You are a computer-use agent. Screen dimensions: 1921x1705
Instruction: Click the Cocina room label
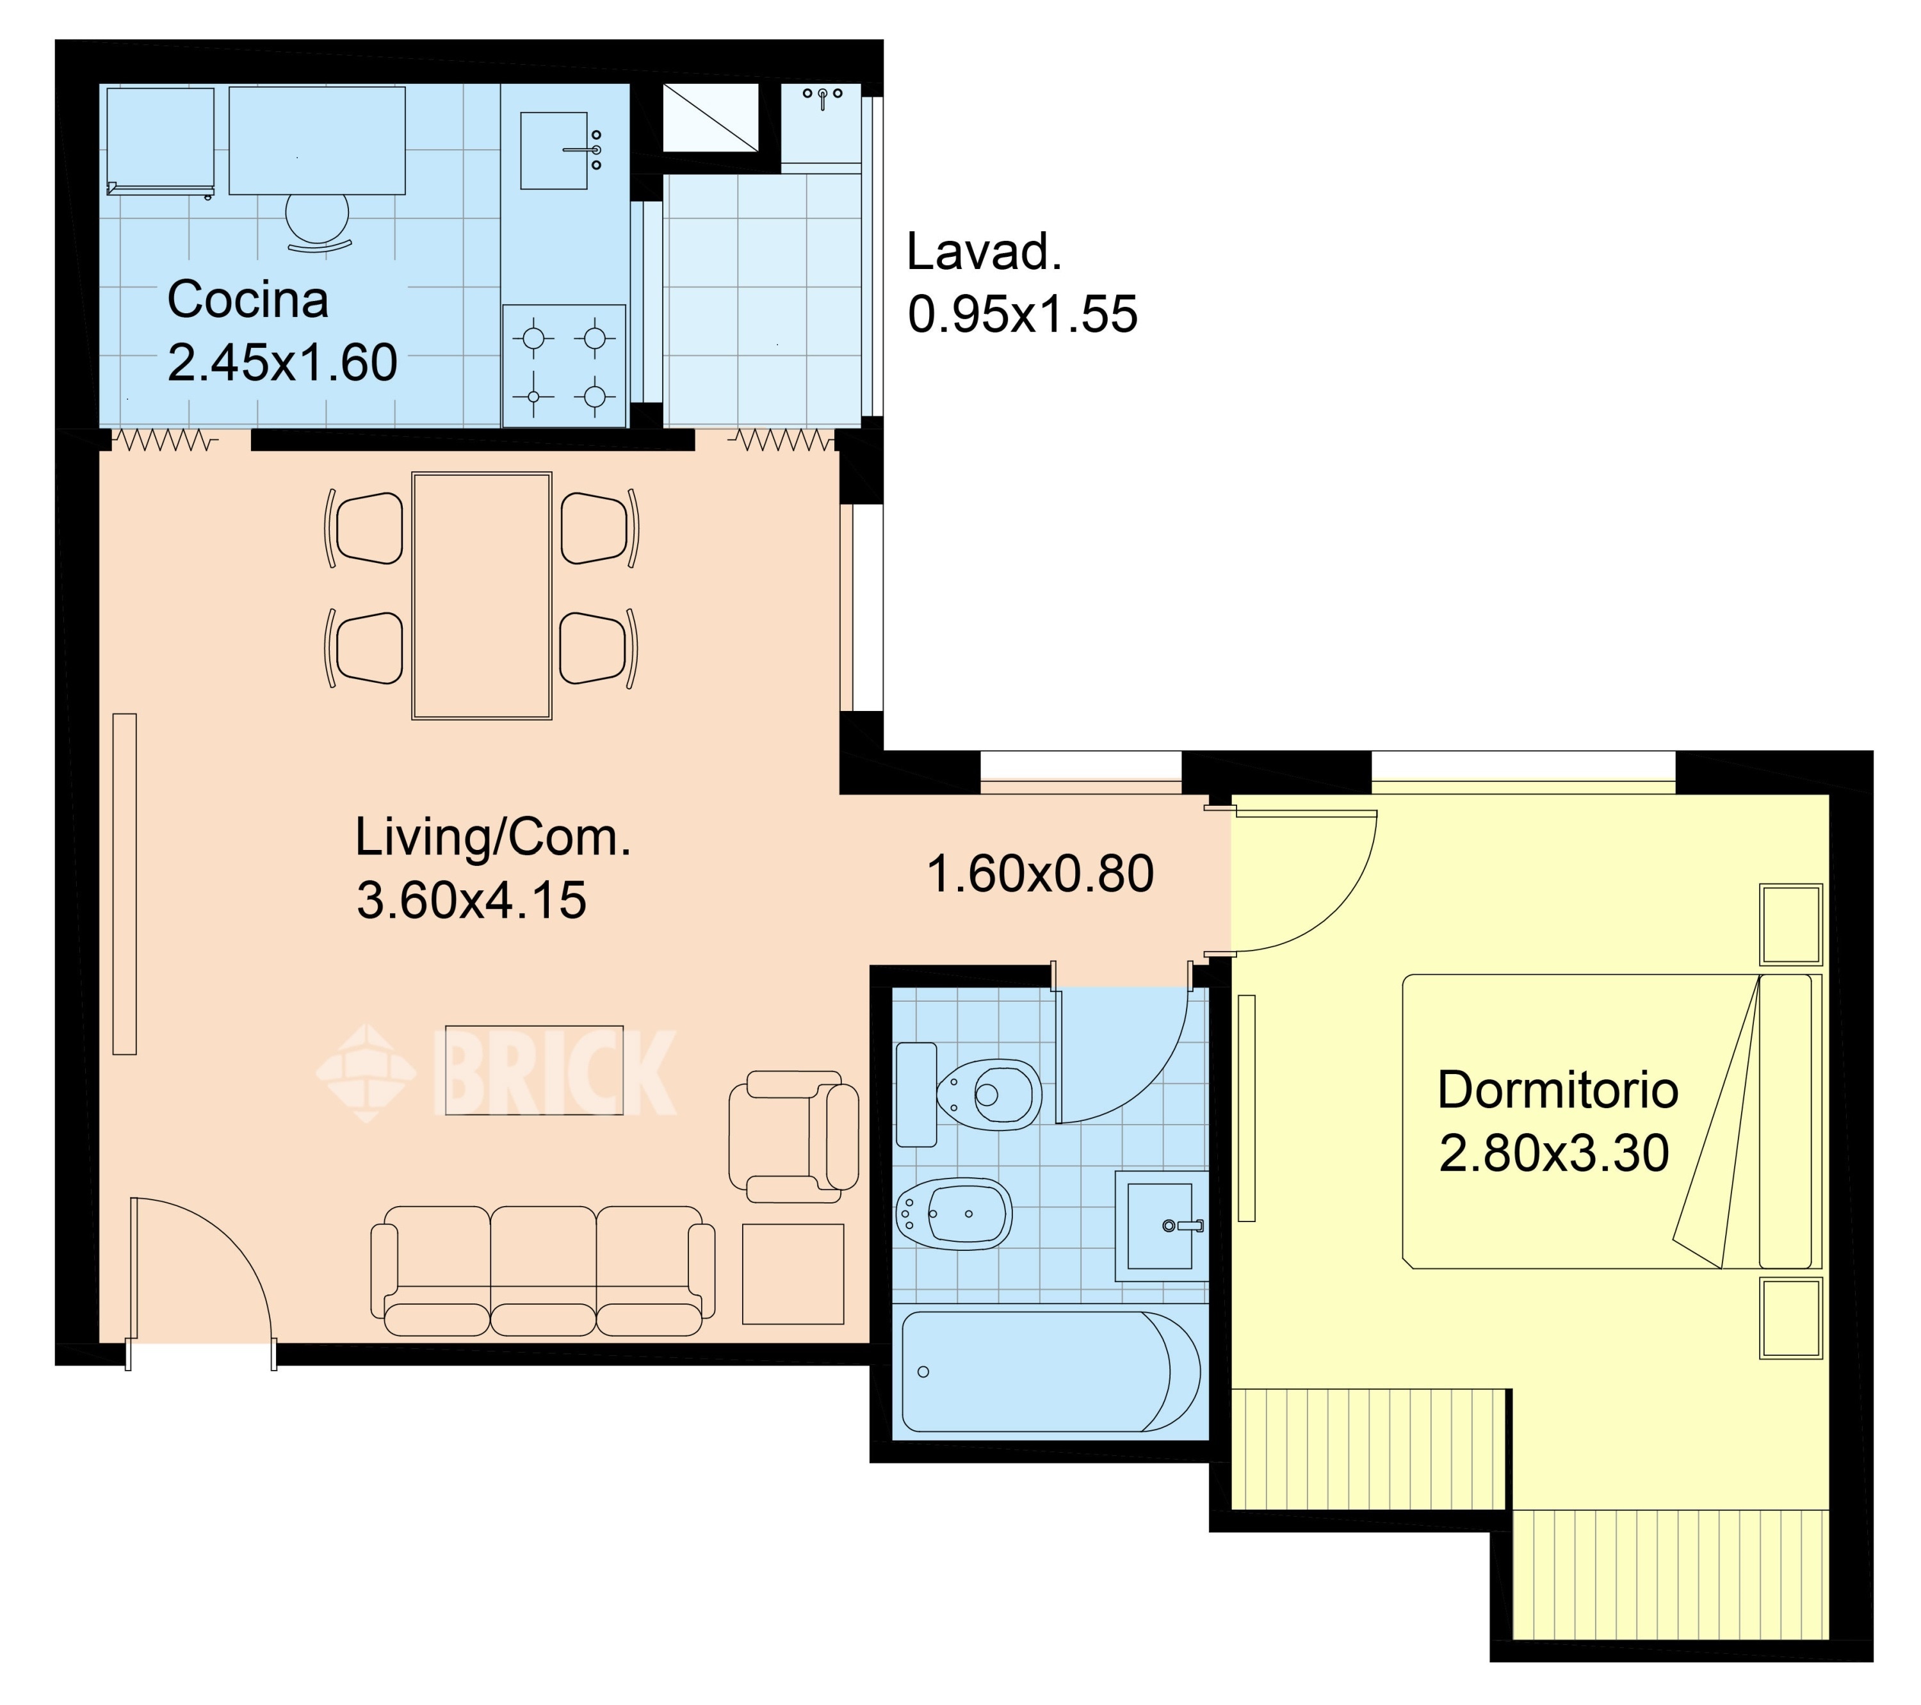pyautogui.click(x=248, y=300)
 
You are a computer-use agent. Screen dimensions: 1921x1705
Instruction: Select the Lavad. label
pyautogui.click(x=984, y=252)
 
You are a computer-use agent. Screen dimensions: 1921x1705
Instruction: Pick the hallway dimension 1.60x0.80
pyautogui.click(x=1041, y=874)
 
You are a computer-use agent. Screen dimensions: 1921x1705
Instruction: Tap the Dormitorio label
pyautogui.click(x=1557, y=1090)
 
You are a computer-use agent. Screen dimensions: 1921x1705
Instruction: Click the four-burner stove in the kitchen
pyautogui.click(x=564, y=366)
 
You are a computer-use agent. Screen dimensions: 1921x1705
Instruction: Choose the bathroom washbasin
pyautogui.click(x=1162, y=1226)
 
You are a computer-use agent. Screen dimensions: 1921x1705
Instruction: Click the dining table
pyautogui.click(x=481, y=596)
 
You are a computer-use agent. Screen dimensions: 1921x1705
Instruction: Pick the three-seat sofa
pyautogui.click(x=542, y=1271)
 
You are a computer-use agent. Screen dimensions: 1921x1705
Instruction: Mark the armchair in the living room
pyautogui.click(x=793, y=1136)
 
